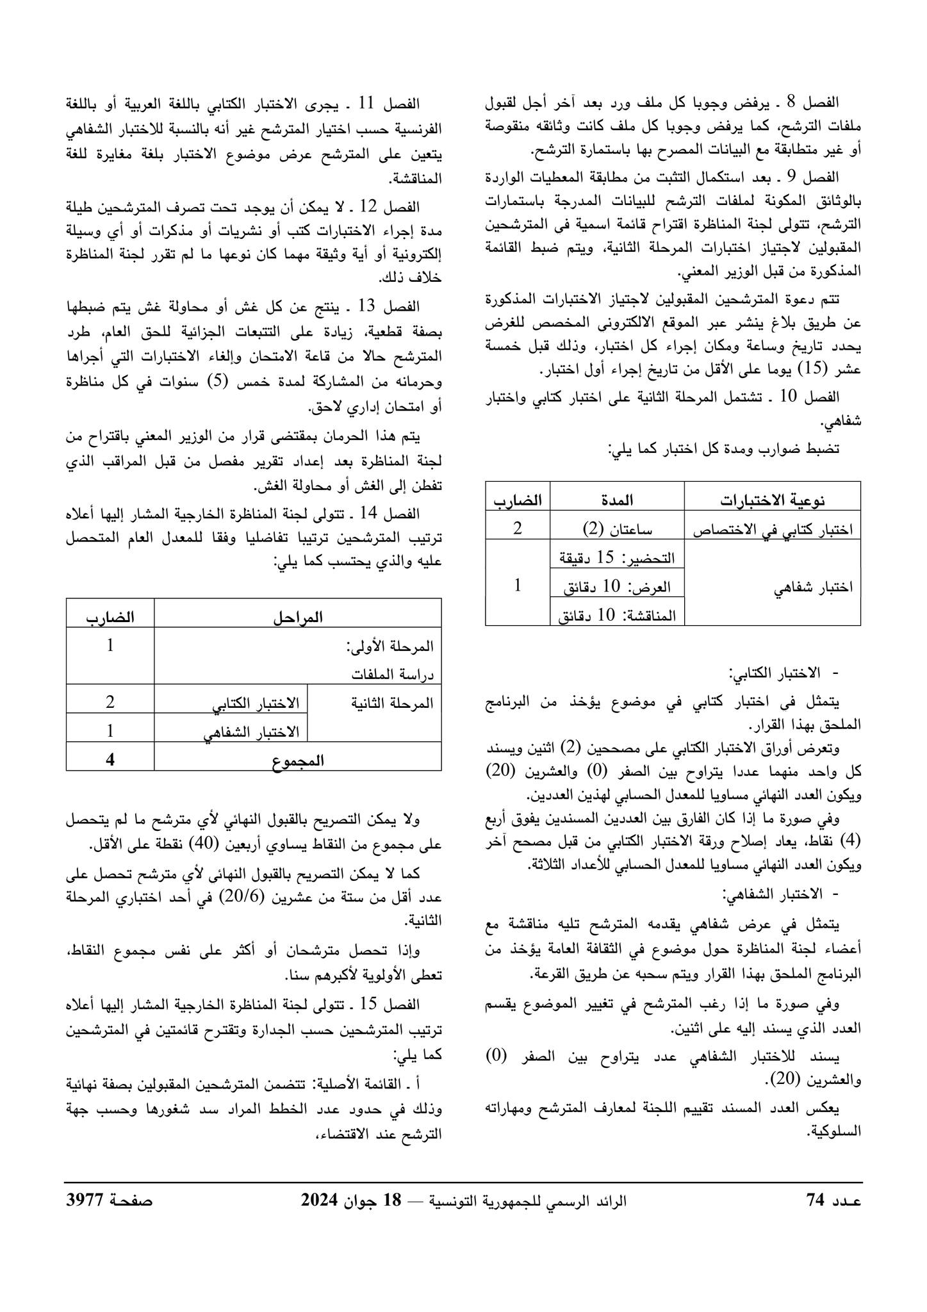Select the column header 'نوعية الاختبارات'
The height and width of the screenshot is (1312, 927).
pos(772,501)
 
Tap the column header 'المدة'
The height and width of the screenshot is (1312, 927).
pos(617,501)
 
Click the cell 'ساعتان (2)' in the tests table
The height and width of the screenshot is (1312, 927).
pos(617,530)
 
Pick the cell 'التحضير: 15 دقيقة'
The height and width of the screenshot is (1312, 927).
pos(617,558)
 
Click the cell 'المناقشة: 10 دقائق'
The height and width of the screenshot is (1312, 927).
pos(617,616)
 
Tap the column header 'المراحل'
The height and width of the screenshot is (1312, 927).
pos(298,618)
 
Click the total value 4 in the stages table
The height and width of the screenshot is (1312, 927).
pos(110,760)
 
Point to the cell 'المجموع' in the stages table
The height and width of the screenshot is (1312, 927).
pos(298,760)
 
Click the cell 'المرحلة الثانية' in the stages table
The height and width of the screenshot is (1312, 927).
pos(393,703)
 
